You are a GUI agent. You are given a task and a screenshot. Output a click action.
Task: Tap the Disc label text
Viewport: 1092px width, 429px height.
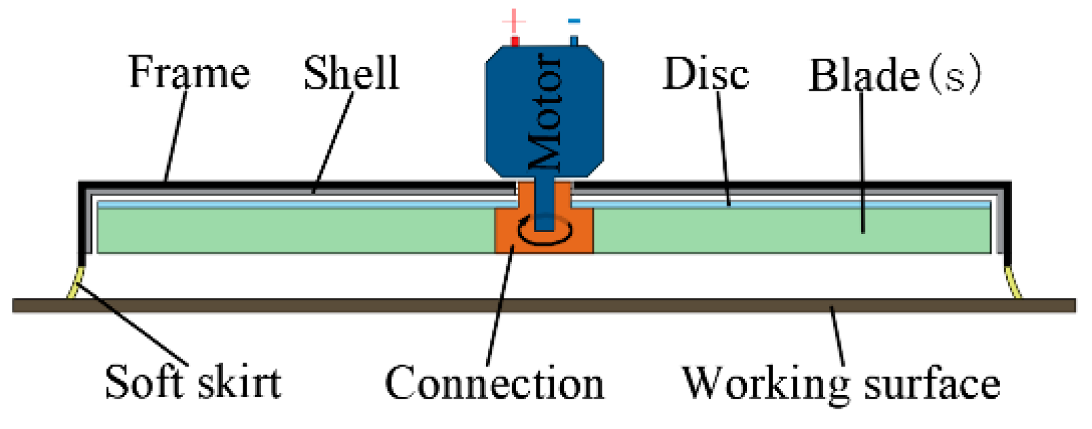(705, 74)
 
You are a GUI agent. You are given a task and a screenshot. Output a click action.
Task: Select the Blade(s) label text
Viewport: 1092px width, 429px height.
(894, 75)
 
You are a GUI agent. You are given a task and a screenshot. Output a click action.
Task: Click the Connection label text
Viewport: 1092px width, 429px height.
(494, 383)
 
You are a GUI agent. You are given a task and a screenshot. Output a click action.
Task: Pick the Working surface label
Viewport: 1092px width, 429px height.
(841, 383)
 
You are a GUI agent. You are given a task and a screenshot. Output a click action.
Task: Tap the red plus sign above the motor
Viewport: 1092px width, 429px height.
(513, 21)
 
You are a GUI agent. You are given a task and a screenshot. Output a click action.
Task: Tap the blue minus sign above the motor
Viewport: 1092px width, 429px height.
(574, 21)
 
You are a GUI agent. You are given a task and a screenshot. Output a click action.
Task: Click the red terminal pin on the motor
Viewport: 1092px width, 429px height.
(515, 41)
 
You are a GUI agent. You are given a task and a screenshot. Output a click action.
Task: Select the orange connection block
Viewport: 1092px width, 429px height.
(510, 237)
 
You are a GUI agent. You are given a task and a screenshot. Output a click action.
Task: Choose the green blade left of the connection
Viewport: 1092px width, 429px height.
(296, 231)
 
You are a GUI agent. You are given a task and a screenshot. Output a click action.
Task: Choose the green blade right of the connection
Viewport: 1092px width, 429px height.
(789, 231)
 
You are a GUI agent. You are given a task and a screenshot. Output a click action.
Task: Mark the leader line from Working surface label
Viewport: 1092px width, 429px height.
(837, 335)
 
